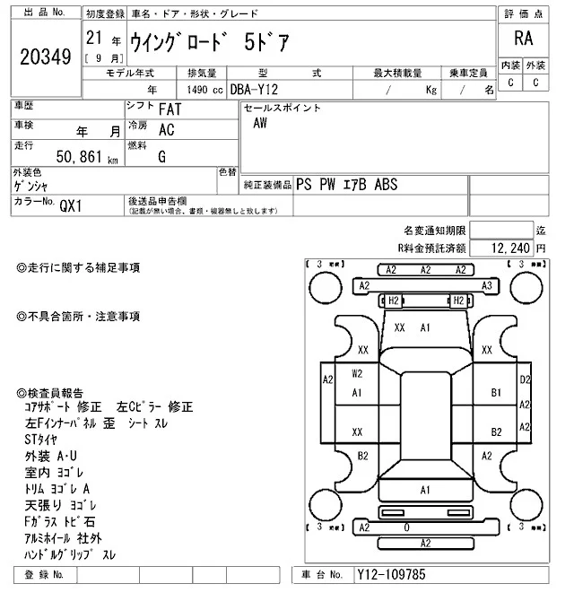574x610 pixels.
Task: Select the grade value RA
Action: pyautogui.click(x=522, y=39)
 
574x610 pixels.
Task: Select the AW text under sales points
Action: pyautogui.click(x=260, y=124)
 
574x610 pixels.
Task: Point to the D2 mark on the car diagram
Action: pyautogui.click(x=525, y=379)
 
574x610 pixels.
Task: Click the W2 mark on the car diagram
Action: pyautogui.click(x=357, y=373)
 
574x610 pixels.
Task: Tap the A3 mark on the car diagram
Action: pyautogui.click(x=487, y=285)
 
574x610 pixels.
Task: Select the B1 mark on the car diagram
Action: pyautogui.click(x=496, y=393)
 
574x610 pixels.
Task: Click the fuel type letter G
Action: pyautogui.click(x=161, y=156)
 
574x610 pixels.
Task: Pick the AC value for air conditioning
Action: pyautogui.click(x=166, y=130)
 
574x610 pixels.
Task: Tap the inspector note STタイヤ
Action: pyautogui.click(x=41, y=439)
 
